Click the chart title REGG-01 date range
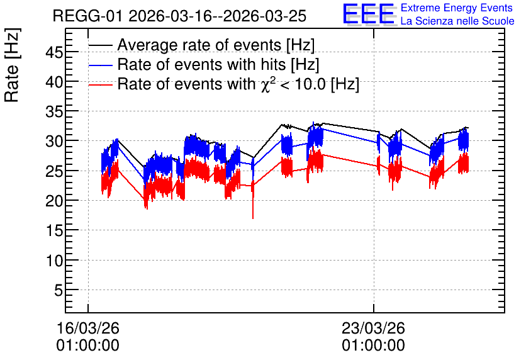point(179,16)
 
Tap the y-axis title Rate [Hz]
point(12,65)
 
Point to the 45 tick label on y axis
point(54,52)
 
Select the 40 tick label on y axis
point(54,82)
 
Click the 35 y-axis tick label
point(54,111)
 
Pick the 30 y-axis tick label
point(54,141)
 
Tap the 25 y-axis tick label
point(54,171)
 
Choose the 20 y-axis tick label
point(54,201)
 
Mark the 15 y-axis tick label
point(54,230)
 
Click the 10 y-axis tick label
point(54,260)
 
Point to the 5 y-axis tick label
point(59,290)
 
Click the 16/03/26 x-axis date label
point(88,328)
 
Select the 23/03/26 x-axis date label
point(373,328)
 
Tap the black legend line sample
point(100,45)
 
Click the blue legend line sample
point(100,65)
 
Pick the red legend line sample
point(100,84)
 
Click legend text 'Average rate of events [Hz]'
point(216,45)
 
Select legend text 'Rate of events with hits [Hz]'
point(218,65)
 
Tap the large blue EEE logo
point(369,14)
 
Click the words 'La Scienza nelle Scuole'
point(457,21)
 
